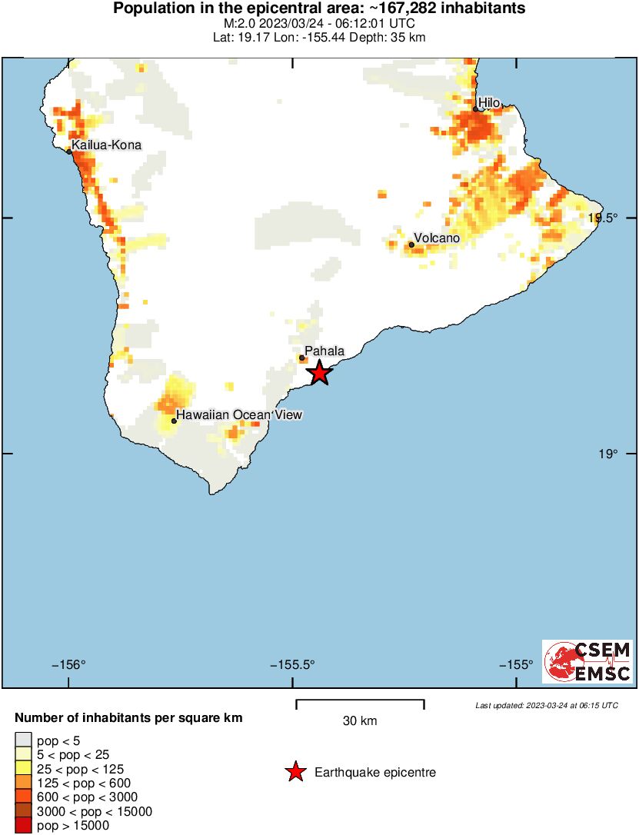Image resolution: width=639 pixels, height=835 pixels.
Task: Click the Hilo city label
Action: coord(489,102)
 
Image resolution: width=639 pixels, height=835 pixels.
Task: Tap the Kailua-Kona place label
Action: coord(106,145)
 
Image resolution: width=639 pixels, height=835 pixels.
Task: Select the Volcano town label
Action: coord(437,238)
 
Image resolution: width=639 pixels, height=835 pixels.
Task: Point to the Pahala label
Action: coord(324,351)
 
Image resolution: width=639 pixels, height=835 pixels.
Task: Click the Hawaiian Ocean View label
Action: coord(239,415)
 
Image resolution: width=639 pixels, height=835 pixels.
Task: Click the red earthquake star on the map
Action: coord(319,374)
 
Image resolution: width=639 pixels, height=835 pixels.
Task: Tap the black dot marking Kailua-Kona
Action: coord(69,151)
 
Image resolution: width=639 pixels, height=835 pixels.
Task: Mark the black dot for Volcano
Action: coord(411,245)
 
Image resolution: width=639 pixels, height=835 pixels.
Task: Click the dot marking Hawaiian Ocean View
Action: coord(175,421)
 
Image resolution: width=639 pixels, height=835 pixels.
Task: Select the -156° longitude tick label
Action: coord(68,665)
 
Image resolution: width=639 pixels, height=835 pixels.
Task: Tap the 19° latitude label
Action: coord(607,454)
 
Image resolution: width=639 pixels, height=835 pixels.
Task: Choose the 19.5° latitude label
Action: coord(603,218)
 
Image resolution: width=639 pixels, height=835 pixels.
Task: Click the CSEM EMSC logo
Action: coord(587,661)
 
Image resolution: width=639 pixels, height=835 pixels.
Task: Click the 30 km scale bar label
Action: coord(360,721)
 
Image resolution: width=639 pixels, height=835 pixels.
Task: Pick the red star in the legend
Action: coord(295,773)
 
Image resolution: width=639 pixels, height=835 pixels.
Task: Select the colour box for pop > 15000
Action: coord(23,826)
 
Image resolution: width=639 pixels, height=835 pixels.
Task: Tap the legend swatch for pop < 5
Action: coord(23,740)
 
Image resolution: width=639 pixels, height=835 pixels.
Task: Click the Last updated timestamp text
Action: coord(546,705)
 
